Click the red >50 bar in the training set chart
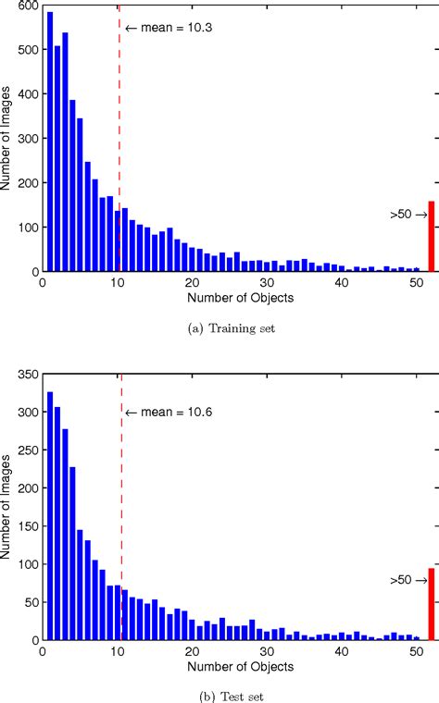[x=431, y=224]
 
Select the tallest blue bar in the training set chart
[x=50, y=129]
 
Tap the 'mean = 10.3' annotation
[x=156, y=29]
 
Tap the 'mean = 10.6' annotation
[x=157, y=387]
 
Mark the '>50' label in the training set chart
[x=400, y=214]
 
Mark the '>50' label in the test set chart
[x=400, y=580]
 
